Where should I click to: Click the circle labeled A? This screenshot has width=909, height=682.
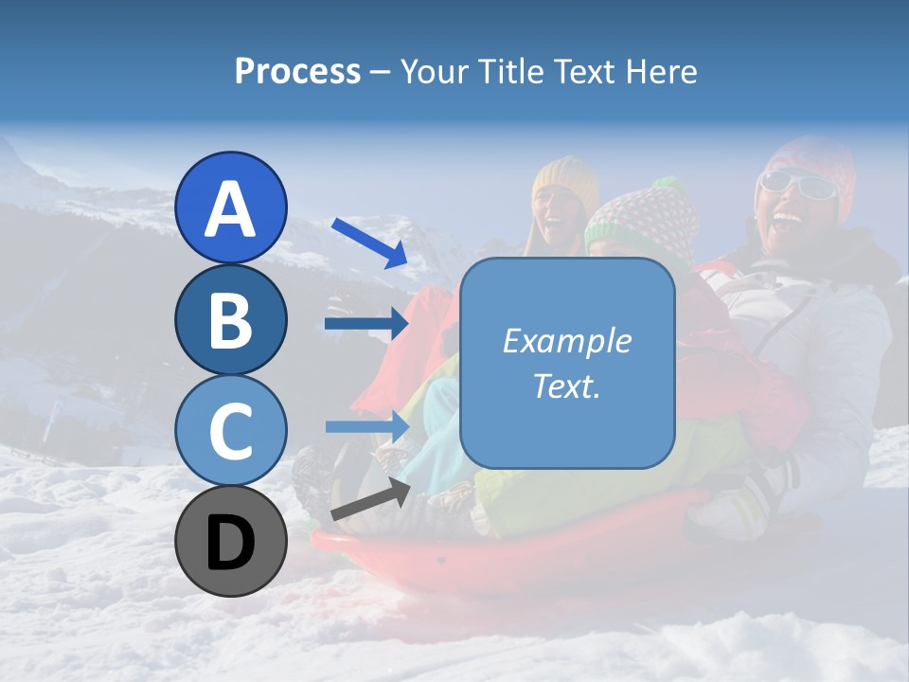click(x=230, y=207)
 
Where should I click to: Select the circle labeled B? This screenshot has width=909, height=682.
click(x=230, y=319)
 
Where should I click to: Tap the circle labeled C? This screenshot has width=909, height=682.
click(x=230, y=430)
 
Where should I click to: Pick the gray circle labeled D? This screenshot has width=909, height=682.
click(x=230, y=541)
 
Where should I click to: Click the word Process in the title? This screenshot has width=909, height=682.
click(x=297, y=71)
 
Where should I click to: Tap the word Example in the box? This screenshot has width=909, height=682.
click(x=567, y=341)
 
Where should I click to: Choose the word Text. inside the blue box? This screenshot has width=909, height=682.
click(x=567, y=386)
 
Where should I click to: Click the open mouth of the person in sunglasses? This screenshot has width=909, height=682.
click(x=785, y=224)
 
